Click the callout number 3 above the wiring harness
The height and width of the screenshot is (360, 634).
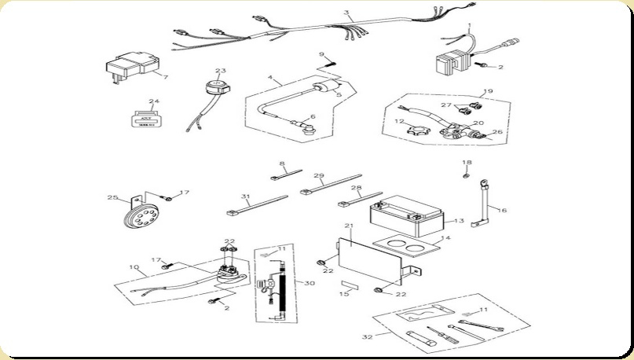click(x=347, y=13)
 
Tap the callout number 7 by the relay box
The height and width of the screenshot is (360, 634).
click(x=166, y=77)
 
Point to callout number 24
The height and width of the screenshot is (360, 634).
click(x=154, y=101)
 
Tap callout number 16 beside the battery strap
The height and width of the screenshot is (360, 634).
click(x=503, y=211)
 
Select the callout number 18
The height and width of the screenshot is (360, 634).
click(x=467, y=163)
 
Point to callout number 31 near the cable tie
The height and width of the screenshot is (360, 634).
click(x=245, y=197)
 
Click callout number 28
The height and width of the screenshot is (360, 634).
click(x=356, y=189)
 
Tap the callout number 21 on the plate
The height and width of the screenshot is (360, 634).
click(x=349, y=226)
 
